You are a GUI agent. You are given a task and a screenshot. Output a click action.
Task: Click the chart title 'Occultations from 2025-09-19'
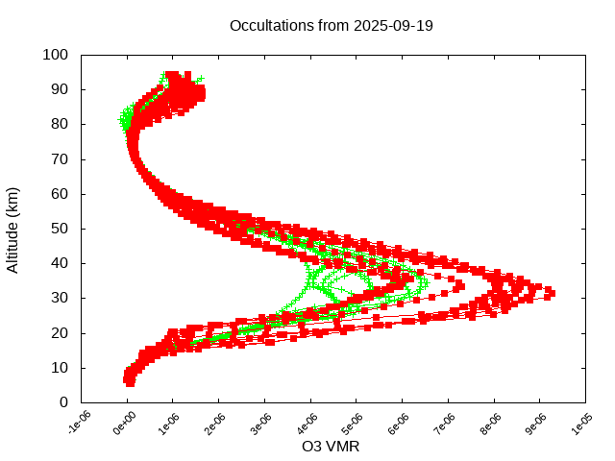click(332, 26)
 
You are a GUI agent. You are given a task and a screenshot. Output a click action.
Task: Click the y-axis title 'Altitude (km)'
click(12, 229)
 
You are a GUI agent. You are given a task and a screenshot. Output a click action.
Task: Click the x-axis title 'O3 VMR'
click(331, 446)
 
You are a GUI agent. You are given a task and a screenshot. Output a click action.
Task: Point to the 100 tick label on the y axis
click(55, 55)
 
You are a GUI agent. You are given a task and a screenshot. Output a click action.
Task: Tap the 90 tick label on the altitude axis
click(59, 89)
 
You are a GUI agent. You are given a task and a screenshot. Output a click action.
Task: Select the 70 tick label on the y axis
click(59, 158)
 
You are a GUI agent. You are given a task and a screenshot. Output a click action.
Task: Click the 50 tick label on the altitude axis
click(59, 229)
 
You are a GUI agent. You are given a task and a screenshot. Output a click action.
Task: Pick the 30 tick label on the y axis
click(59, 298)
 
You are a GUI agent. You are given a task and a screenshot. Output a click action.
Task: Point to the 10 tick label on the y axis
click(59, 368)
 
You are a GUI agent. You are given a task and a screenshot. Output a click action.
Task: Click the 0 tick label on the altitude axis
click(62, 402)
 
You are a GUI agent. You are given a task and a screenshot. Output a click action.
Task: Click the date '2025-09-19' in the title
click(393, 26)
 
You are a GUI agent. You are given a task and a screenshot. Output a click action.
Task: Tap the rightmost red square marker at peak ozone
click(551, 291)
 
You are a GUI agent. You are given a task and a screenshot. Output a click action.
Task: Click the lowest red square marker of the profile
click(129, 382)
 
